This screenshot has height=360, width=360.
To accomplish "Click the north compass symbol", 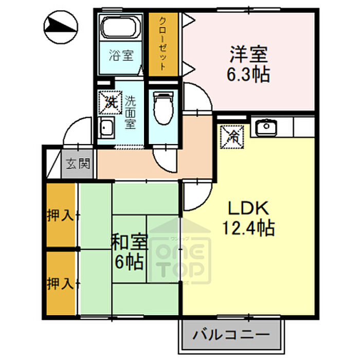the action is tap(61, 27).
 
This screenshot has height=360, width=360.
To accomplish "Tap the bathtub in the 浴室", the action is tap(121, 27).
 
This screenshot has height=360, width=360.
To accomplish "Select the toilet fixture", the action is tap(164, 107).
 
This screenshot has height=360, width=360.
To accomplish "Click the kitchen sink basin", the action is tap(266, 128).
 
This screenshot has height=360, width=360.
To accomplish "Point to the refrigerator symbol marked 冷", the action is tap(232, 137).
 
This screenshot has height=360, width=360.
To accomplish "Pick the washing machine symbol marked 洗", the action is tap(111, 103).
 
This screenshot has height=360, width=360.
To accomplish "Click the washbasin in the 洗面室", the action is tap(106, 128).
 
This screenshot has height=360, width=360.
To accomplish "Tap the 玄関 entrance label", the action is tap(78, 164).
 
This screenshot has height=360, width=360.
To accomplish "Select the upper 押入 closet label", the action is tap(60, 215).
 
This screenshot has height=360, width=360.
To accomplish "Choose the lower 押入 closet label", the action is tap(60, 283).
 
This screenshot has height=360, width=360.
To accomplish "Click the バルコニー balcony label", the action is tap(231, 335).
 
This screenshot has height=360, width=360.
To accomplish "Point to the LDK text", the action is tap(248, 208).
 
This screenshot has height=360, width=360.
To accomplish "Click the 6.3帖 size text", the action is tap(248, 75).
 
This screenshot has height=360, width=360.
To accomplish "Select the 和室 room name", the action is tap(129, 242).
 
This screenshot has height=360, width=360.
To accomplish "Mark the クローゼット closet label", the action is tap(163, 44).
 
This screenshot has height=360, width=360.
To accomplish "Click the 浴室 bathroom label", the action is tap(121, 56).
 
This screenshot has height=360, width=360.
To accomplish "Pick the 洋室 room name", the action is tap(248, 54).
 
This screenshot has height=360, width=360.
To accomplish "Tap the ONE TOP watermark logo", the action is tap(179, 250).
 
